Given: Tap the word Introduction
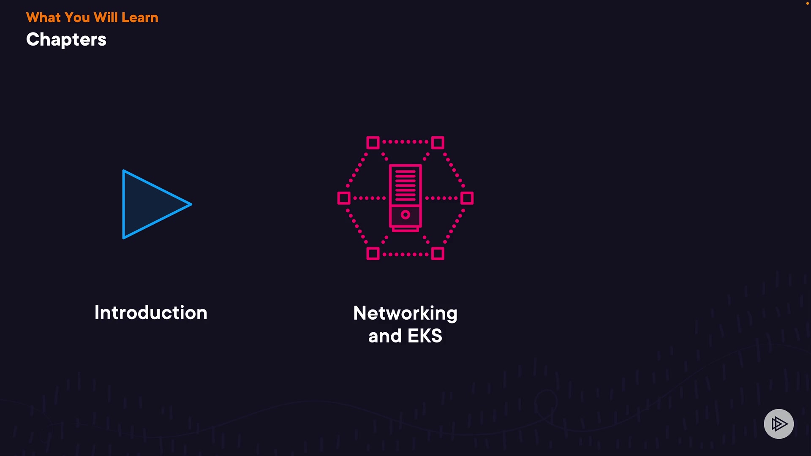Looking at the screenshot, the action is coord(151,313).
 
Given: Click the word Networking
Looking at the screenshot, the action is coord(405,314).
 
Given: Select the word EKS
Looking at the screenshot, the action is coord(425,336).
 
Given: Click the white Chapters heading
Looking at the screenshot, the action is coord(66,40).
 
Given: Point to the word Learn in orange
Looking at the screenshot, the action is coord(140,18).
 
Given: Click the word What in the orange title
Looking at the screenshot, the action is coord(44,18).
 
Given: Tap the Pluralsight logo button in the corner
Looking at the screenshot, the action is coord(778,423).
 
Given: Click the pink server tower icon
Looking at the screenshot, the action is coord(405,198).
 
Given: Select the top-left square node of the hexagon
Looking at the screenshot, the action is coord(373,143).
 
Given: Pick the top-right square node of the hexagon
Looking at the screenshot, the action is coord(438,143).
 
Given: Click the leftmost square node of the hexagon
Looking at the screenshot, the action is coord(344,198).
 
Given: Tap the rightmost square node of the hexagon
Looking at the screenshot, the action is coord(467,198).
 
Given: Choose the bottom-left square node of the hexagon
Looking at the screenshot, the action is coord(373,254).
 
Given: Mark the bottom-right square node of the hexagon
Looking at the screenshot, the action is coord(438,254).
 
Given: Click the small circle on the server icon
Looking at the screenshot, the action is coord(405,215).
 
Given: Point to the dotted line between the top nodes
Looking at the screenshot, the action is coord(405,142).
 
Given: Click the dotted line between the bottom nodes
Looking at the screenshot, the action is coord(405,255).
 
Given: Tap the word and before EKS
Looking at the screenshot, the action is coord(385,336).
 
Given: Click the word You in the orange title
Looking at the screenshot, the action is coord(77,18).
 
